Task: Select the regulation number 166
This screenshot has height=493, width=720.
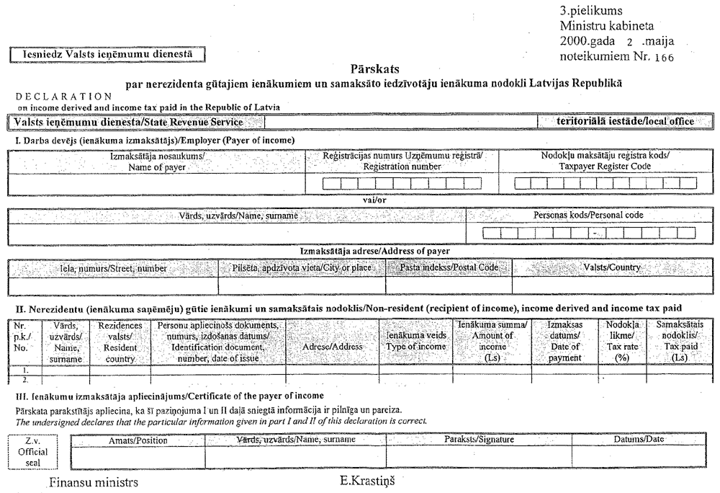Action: coord(660,57)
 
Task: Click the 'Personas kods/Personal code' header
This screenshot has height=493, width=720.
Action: coord(588,215)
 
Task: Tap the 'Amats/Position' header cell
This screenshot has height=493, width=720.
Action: coord(138,440)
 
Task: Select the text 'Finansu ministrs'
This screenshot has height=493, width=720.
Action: coord(94,481)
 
